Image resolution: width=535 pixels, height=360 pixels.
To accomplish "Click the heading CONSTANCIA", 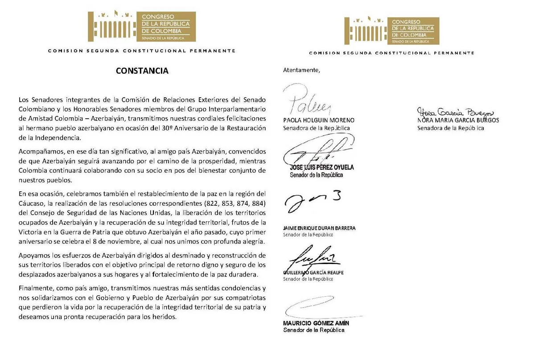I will tap(142, 70).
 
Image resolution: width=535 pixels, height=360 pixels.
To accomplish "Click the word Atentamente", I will tap(301, 70).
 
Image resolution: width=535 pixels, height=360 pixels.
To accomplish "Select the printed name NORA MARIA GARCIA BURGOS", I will tap(458, 120).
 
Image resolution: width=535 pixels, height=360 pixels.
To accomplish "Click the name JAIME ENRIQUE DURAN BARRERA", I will tap(319, 228).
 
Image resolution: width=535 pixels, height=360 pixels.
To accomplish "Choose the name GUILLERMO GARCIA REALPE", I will tap(313, 273).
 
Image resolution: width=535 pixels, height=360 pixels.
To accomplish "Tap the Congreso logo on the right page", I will tap(392, 31).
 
